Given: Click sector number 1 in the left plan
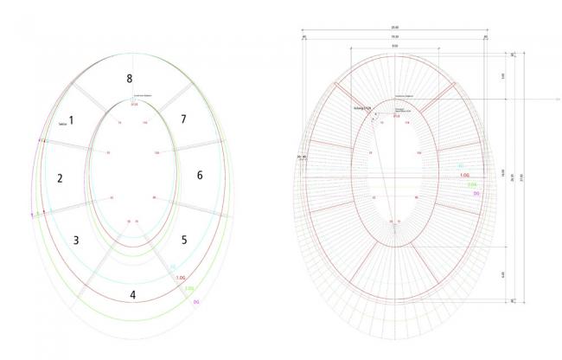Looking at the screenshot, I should [x=72, y=121].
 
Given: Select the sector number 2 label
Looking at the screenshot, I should [x=60, y=179].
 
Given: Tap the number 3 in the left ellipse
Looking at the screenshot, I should [x=75, y=240].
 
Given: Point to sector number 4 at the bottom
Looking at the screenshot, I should [x=132, y=294].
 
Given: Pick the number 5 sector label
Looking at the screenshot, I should [x=182, y=239].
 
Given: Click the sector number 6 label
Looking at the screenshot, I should [x=200, y=176].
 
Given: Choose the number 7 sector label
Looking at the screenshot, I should [x=182, y=119].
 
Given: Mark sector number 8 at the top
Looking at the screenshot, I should [x=129, y=79].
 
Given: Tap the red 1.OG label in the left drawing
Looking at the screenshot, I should [x=180, y=278].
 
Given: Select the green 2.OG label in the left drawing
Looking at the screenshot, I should [x=188, y=289].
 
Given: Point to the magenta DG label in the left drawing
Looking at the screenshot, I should [x=196, y=300].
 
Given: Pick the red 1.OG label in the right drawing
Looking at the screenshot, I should [x=464, y=175].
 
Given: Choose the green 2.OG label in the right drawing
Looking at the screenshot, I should [x=472, y=184].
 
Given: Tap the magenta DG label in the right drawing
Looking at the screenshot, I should [x=477, y=194].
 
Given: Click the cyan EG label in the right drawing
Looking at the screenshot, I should [x=460, y=165].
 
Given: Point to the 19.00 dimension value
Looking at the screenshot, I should [x=394, y=37].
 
